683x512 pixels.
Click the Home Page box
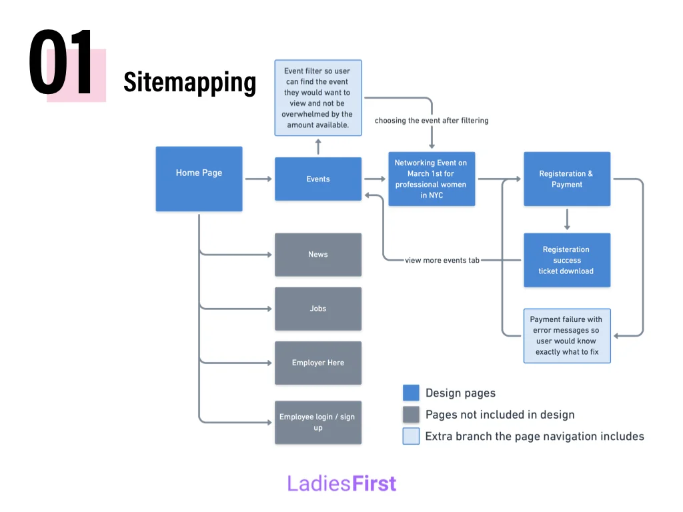tap(199, 179)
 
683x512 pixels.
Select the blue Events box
tap(318, 179)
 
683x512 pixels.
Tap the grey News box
tap(318, 254)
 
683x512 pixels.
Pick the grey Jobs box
tap(318, 309)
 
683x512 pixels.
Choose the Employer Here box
tap(318, 363)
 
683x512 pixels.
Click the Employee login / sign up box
tap(318, 422)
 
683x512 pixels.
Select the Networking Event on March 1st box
tap(432, 179)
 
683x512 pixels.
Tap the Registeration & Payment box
tap(566, 179)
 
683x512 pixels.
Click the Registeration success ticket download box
tap(566, 260)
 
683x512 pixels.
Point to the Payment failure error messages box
tap(566, 335)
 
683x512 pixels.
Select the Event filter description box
tap(318, 97)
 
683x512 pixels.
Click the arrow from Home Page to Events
tap(258, 179)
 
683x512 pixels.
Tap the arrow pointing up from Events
tap(318, 146)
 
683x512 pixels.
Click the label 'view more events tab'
tap(442, 260)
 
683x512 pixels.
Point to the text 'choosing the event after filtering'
tap(432, 121)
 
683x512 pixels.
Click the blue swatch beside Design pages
tap(411, 393)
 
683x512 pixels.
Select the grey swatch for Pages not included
tap(411, 415)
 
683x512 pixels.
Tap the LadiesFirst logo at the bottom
tap(341, 483)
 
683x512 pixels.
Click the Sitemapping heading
tap(189, 82)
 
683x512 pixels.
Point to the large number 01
tap(61, 63)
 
